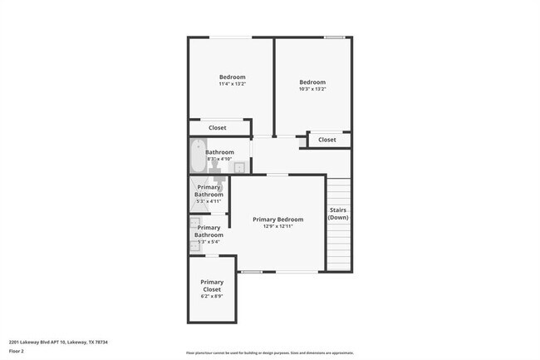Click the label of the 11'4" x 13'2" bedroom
coord(232,77)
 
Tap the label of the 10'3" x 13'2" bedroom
coord(312,82)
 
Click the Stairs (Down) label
coord(338,214)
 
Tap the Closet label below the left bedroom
coord(217,128)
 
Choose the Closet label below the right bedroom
coord(327,140)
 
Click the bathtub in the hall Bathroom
coord(197,156)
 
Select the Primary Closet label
coord(211,286)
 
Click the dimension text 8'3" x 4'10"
coord(220,159)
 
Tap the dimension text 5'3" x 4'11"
coord(209,201)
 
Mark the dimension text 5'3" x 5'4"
coord(209,242)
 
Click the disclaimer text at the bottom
coord(269,353)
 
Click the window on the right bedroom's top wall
coord(335,37)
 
